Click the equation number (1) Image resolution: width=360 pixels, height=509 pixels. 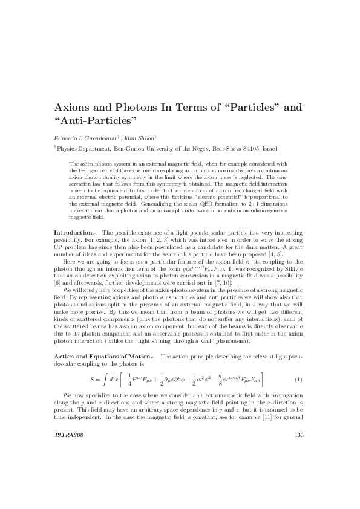298,380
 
